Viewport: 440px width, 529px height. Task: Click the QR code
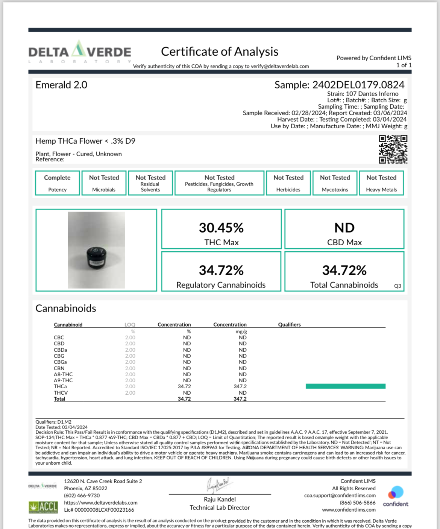[393, 149]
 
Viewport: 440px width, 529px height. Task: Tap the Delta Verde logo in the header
[80, 52]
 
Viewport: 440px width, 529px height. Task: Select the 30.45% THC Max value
[221, 228]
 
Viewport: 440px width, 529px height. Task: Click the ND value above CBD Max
[344, 228]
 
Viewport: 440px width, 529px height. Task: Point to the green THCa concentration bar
[345, 386]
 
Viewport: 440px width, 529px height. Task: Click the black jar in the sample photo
[96, 258]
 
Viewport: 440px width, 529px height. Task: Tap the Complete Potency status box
[57, 183]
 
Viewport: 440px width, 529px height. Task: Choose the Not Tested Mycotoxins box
[335, 183]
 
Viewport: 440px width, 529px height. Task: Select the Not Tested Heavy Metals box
[381, 183]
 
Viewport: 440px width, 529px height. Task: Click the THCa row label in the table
[60, 386]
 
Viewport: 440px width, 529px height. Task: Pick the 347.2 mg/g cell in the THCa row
[240, 386]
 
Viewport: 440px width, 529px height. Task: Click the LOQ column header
[130, 325]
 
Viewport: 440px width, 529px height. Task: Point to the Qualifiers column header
[289, 325]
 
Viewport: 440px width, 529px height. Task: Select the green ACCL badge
[43, 507]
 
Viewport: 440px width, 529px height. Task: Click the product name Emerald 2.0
[61, 85]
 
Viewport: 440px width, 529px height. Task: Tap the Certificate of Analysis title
[220, 52]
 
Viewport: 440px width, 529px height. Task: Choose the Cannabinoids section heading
[66, 309]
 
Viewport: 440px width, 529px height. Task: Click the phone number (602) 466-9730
[82, 496]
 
